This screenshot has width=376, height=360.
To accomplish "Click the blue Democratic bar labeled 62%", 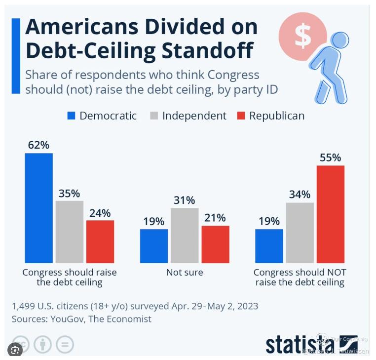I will tap(38, 207).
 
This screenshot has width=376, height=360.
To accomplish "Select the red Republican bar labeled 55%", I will tap(330, 213).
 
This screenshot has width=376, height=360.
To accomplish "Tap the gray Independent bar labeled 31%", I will tap(185, 235).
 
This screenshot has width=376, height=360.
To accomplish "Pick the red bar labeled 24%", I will tap(100, 241).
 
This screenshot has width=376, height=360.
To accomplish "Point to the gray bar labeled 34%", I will tap(300, 232).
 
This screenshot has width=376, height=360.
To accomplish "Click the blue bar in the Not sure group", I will tap(154, 245).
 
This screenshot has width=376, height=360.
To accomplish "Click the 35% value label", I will tap(69, 194).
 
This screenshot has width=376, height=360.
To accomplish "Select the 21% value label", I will tap(215, 218).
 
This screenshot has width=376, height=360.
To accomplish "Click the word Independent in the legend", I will tap(194, 116).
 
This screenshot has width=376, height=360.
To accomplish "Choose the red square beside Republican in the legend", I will tap(241, 117).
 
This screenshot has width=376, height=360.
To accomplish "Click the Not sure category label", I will tap(185, 272).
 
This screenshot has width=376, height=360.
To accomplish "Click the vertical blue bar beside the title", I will tap(16, 56).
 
